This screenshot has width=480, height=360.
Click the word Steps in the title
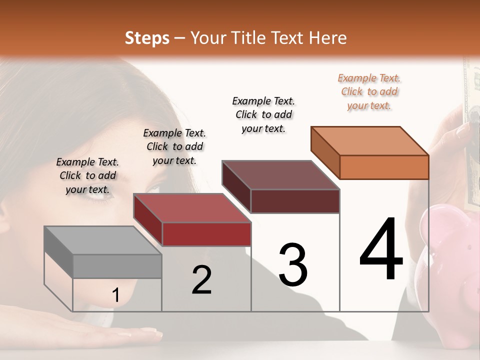point(147,38)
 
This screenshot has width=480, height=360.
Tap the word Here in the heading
point(328,38)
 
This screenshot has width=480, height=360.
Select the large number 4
point(381,250)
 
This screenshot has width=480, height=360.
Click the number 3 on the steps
point(293,265)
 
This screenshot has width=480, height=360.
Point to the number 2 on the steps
point(201,280)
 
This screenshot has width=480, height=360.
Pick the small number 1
point(115,295)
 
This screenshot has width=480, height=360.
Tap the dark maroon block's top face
point(280,175)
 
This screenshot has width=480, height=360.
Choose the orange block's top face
point(369,141)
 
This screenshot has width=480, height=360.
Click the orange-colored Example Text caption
point(369,91)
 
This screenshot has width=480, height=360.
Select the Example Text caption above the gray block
point(87,175)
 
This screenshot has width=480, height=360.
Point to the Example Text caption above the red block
point(174,146)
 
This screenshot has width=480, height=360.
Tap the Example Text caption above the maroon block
point(263,114)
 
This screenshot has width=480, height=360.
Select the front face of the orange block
point(384,167)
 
